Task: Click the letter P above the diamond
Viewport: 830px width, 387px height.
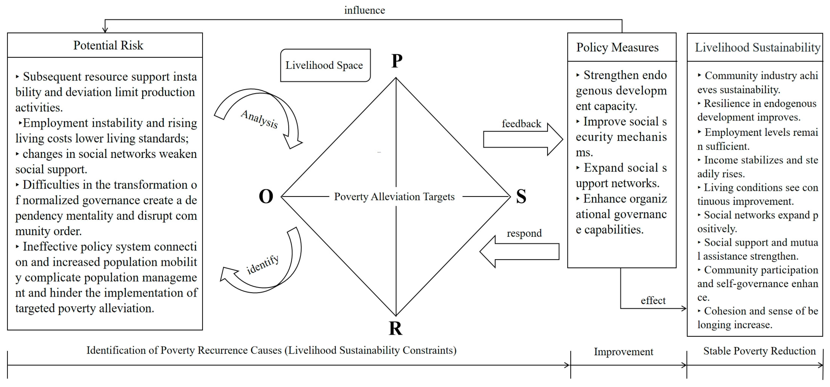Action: click(x=397, y=61)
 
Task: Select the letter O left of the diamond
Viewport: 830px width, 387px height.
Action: click(x=266, y=196)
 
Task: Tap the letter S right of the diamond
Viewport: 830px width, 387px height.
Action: click(x=521, y=196)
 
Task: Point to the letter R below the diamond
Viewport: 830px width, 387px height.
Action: click(x=395, y=328)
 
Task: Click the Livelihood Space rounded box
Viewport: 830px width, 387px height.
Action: click(x=325, y=65)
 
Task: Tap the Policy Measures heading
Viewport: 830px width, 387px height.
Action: click(x=617, y=47)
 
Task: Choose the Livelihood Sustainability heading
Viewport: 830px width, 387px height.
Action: click(x=757, y=47)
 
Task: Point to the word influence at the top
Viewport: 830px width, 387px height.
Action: click(x=364, y=10)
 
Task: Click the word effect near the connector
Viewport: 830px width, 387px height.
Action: click(x=653, y=300)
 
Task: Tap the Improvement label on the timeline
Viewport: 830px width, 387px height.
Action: click(x=623, y=352)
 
